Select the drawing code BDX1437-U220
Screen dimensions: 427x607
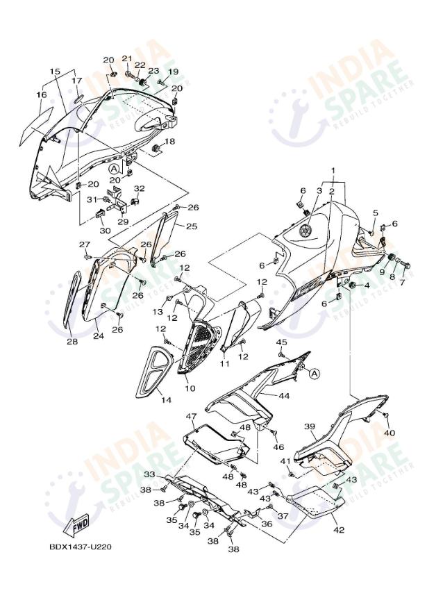(81, 547)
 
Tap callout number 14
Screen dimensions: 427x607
(166, 400)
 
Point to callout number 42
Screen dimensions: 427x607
(339, 530)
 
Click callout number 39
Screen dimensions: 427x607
(309, 426)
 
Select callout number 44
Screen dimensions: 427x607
(284, 396)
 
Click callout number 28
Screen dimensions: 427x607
(72, 342)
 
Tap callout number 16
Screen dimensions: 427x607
(42, 94)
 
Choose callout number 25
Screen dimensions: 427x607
(192, 226)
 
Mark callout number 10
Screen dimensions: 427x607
(190, 388)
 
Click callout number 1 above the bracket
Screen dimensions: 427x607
(333, 170)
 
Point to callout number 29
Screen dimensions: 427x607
(123, 222)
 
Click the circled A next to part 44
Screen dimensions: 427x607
(315, 373)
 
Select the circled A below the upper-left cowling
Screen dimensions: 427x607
(113, 169)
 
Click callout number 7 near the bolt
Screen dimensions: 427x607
(402, 282)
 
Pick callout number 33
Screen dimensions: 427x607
(150, 474)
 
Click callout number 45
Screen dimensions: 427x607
(281, 342)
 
